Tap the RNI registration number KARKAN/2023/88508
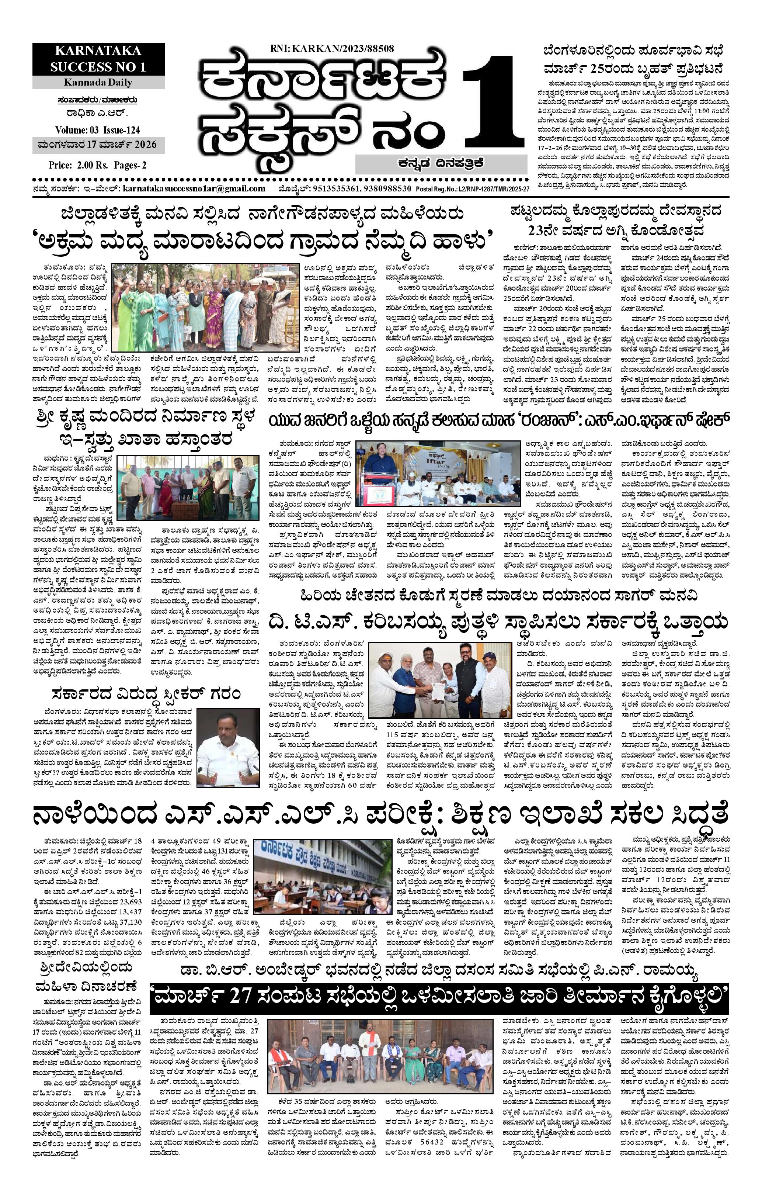[332, 48]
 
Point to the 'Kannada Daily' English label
[98, 82]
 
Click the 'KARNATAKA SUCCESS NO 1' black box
[98, 58]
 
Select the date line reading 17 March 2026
[98, 145]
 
